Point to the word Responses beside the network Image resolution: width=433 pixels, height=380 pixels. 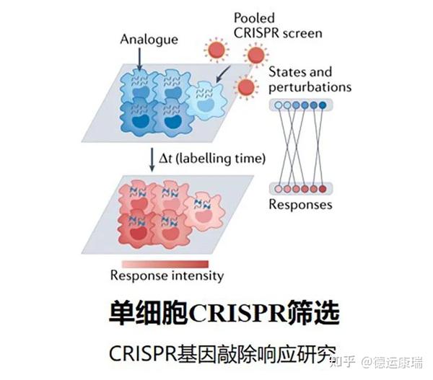[300, 204]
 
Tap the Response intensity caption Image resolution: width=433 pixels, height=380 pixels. [167, 275]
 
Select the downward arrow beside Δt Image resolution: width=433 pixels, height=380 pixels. [151, 158]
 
